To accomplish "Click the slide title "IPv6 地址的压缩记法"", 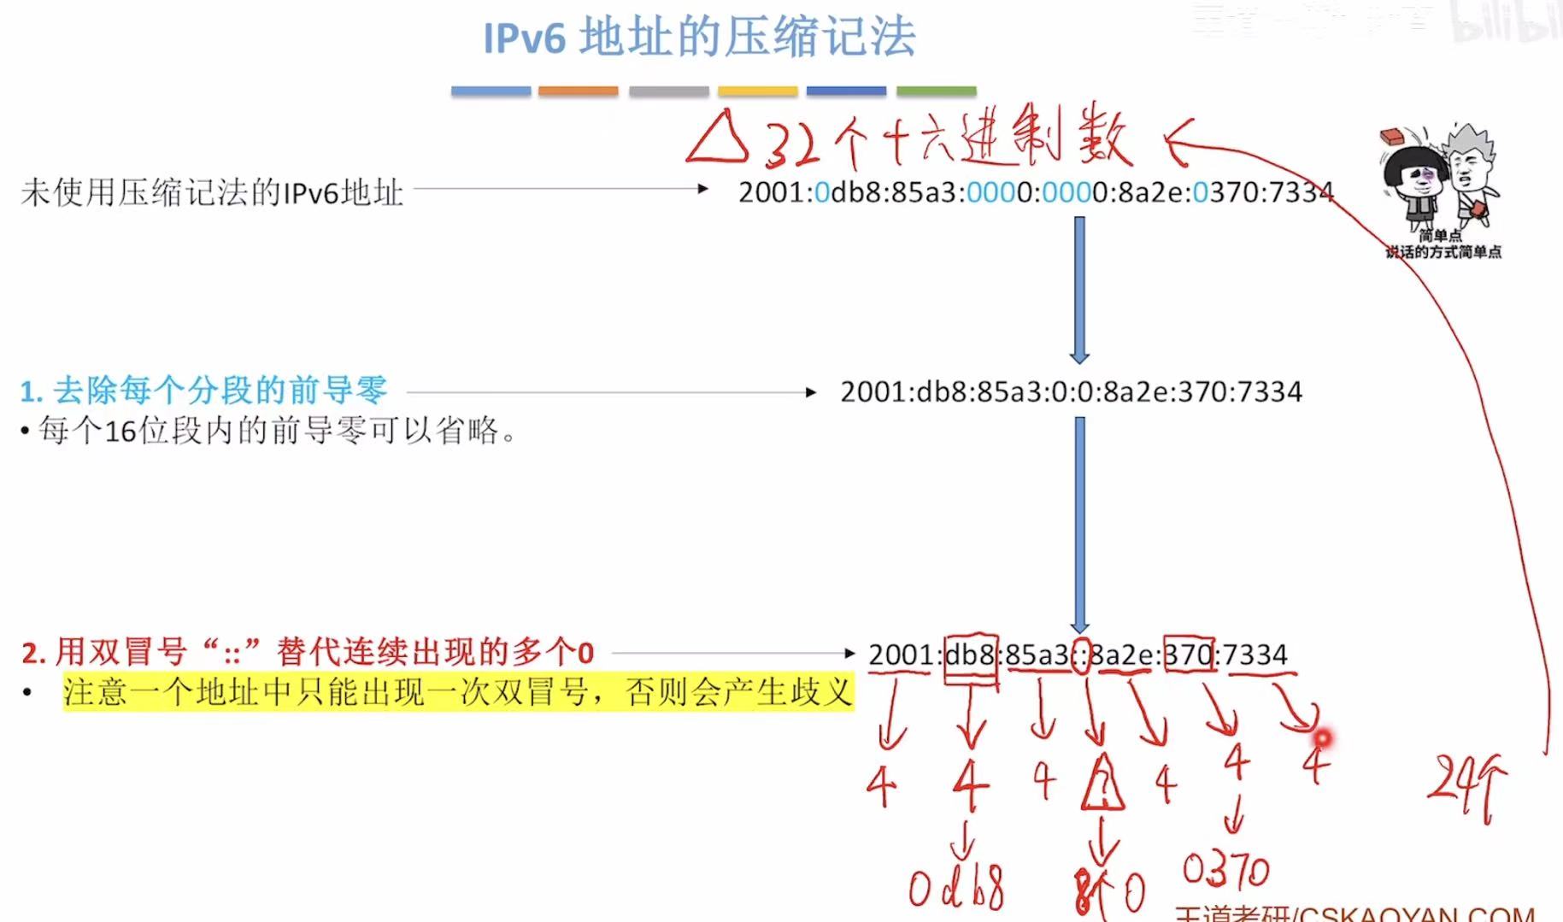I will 699,38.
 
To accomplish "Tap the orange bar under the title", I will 578,91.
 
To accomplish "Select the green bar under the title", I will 936,91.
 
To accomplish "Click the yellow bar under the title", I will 757,91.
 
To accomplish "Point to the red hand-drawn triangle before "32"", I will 716,139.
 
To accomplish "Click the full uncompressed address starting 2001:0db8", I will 1035,192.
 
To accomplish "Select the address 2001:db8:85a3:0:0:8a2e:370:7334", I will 1071,392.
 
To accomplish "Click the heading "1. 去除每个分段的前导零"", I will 203,391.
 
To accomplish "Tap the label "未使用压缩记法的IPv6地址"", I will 212,192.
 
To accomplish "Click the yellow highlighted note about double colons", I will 458,691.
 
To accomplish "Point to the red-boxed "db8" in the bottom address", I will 971,655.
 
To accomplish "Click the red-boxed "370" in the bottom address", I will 1190,655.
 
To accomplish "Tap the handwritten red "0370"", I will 1225,870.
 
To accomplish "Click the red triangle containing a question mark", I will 1102,784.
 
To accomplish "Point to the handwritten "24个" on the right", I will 1465,782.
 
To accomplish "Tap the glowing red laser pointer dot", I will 1322,737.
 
